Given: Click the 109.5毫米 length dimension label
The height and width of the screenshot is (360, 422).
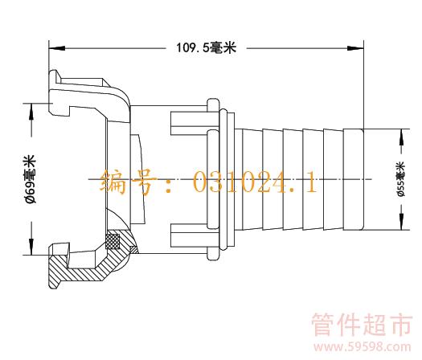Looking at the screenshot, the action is pyautogui.click(x=206, y=48).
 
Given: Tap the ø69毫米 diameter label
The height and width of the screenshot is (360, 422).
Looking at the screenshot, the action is pyautogui.click(x=30, y=179).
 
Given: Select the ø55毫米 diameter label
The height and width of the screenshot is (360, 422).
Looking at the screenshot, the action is pyautogui.click(x=401, y=179).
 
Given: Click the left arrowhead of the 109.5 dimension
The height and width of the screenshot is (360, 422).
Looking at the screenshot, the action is pyautogui.click(x=57, y=48).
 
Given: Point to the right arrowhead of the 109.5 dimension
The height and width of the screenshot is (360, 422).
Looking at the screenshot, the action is pyautogui.click(x=355, y=48).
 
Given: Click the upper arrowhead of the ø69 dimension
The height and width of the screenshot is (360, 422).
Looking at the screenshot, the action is pyautogui.click(x=31, y=111).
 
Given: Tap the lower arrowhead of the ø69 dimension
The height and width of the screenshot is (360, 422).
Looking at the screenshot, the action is pyautogui.click(x=31, y=246).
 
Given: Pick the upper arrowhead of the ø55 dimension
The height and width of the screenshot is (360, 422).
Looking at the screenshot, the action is pyautogui.click(x=401, y=137).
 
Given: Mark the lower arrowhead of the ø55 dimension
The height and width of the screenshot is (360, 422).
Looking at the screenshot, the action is pyautogui.click(x=401, y=222).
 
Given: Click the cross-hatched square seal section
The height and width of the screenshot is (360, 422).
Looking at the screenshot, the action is pyautogui.click(x=113, y=241).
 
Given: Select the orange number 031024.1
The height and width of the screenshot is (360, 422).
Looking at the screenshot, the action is pyautogui.click(x=255, y=182).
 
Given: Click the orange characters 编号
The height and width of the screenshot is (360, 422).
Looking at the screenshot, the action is pyautogui.click(x=128, y=182).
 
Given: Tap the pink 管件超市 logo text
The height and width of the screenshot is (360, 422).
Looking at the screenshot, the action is pyautogui.click(x=362, y=324).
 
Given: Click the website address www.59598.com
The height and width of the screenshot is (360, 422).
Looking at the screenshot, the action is pyautogui.click(x=363, y=347).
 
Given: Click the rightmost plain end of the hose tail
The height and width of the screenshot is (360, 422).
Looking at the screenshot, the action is pyautogui.click(x=354, y=179).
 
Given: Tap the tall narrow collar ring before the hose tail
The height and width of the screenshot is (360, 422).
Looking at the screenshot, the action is pyautogui.click(x=223, y=179).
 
